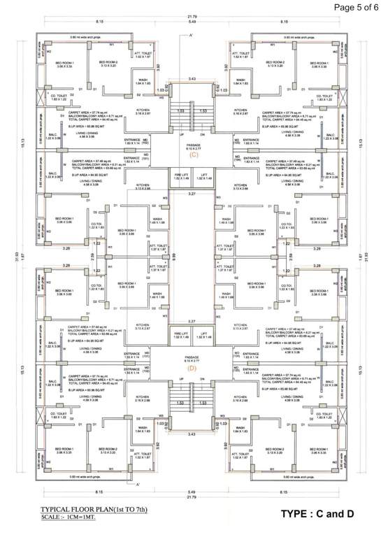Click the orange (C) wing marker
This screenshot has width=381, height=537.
[x=192, y=155]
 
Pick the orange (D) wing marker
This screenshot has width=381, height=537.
[x=192, y=368]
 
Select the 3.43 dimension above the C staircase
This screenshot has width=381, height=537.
[x=192, y=79]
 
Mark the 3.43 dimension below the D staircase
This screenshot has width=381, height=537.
[x=192, y=435]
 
